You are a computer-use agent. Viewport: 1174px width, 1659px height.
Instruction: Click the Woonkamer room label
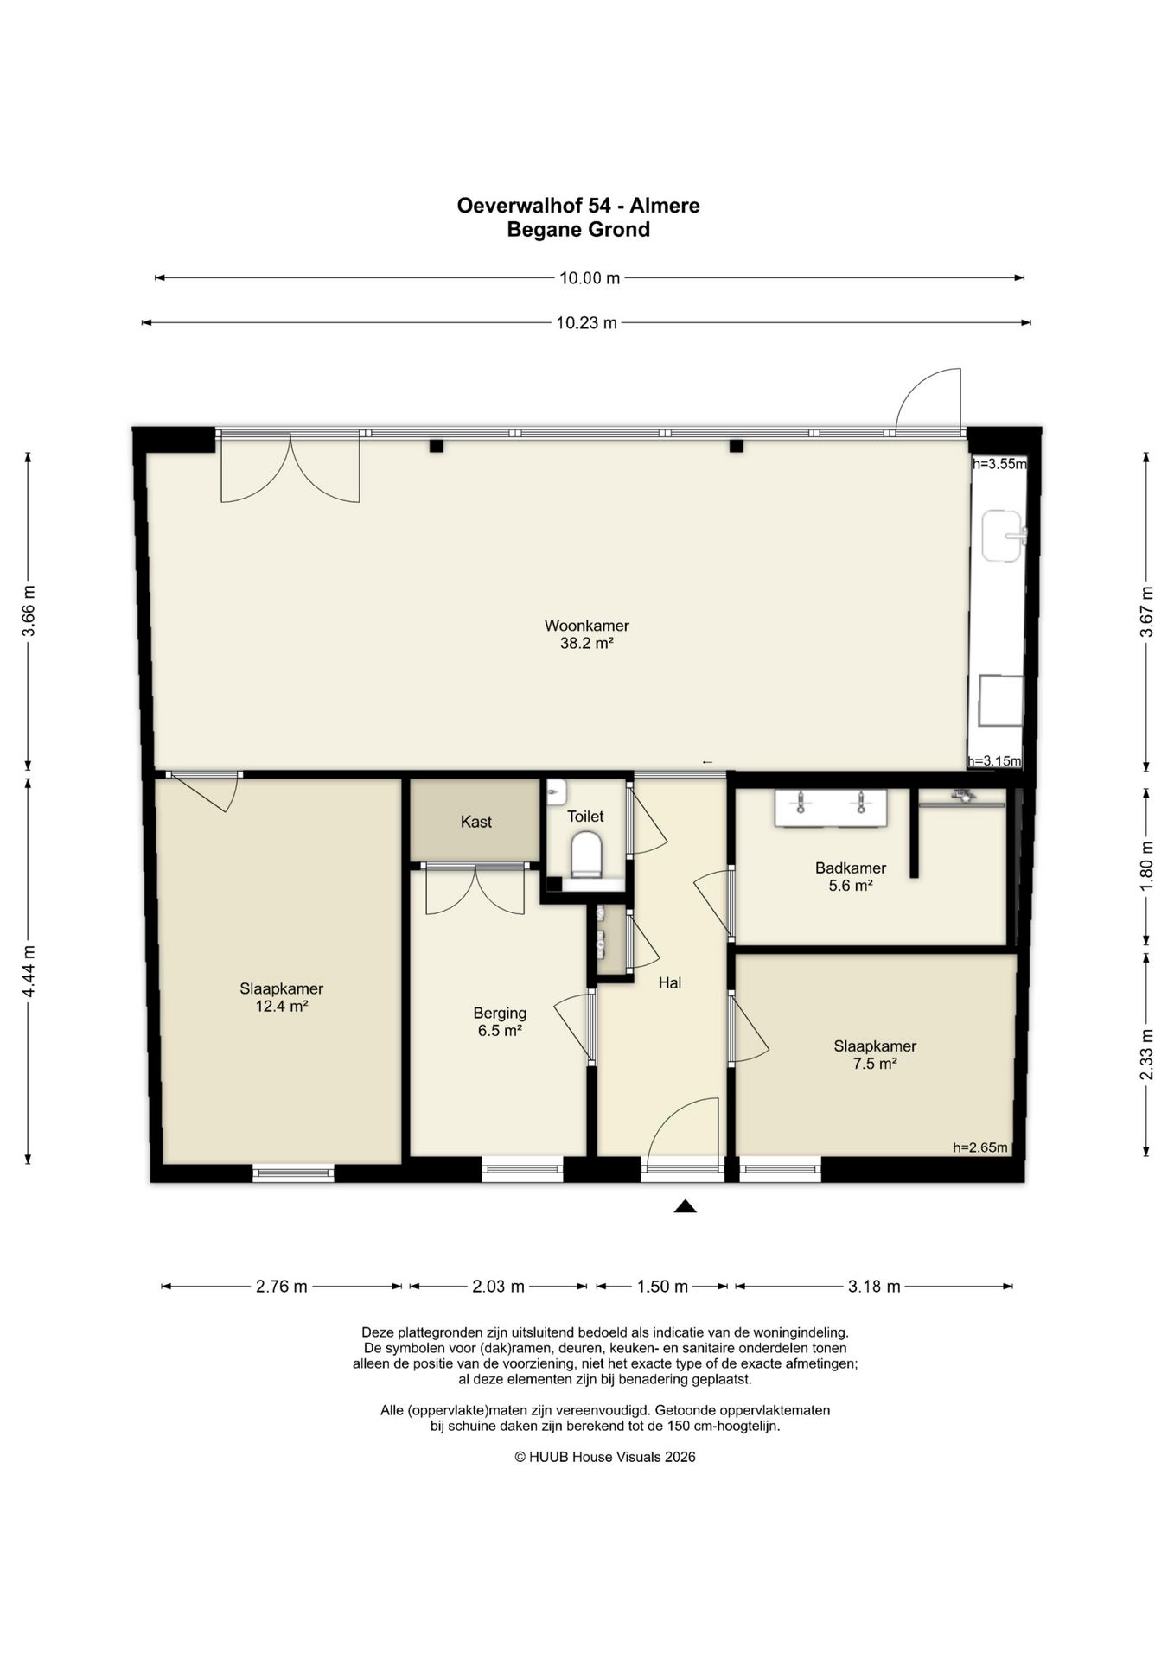pyautogui.click(x=586, y=634)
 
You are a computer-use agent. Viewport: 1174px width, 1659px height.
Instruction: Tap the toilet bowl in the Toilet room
pyautogui.click(x=586, y=855)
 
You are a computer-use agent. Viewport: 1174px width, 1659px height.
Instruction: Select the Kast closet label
pyautogui.click(x=476, y=822)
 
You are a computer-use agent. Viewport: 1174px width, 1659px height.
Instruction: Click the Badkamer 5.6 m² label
pyautogui.click(x=851, y=876)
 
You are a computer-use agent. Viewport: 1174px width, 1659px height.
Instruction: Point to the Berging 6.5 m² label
pyautogui.click(x=500, y=1021)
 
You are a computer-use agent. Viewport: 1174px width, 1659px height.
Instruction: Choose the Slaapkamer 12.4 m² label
pyautogui.click(x=282, y=997)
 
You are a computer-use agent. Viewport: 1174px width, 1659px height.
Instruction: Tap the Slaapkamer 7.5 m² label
pyautogui.click(x=875, y=1054)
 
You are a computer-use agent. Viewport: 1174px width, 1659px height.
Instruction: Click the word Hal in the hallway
pyautogui.click(x=670, y=982)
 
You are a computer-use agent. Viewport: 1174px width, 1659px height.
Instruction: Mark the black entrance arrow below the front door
pyautogui.click(x=686, y=1206)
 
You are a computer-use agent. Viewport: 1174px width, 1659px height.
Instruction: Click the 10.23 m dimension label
pyautogui.click(x=586, y=323)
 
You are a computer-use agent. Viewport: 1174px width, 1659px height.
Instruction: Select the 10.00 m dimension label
pyautogui.click(x=590, y=278)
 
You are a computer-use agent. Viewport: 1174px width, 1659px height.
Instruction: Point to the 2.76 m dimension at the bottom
pyautogui.click(x=282, y=1287)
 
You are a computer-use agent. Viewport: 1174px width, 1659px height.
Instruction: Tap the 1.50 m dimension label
pyautogui.click(x=662, y=1287)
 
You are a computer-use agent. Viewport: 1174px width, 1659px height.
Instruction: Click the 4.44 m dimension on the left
pyautogui.click(x=29, y=972)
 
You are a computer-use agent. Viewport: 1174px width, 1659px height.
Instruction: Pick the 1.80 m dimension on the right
pyautogui.click(x=1146, y=866)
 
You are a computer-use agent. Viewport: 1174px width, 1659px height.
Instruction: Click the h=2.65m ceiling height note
pyautogui.click(x=980, y=1147)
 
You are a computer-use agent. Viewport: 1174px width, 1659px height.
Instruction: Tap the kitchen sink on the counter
pyautogui.click(x=1004, y=536)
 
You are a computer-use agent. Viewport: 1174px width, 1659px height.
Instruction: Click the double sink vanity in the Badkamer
pyautogui.click(x=831, y=808)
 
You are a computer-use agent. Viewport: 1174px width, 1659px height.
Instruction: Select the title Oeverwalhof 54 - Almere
pyautogui.click(x=578, y=206)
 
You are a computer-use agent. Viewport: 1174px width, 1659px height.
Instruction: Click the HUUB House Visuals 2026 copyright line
pyautogui.click(x=605, y=1457)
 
